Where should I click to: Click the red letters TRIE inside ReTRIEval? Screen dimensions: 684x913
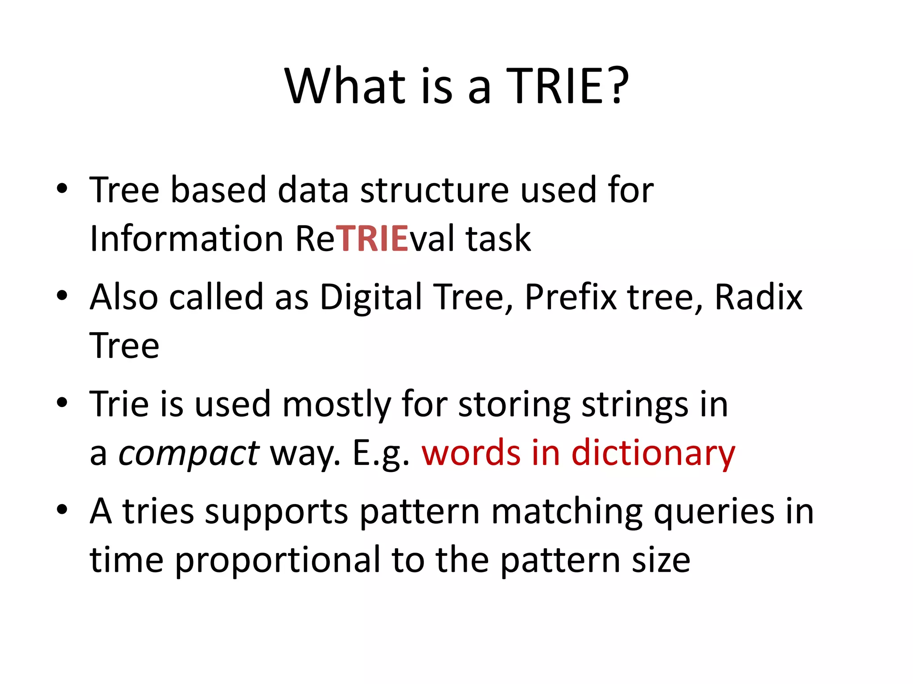[x=372, y=239]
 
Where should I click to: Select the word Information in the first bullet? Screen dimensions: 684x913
[x=186, y=239]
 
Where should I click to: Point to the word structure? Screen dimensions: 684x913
[x=434, y=190]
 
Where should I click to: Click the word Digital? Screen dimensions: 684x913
[x=371, y=297]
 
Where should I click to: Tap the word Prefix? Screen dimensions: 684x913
[x=571, y=297]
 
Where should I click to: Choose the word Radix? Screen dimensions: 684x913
[x=758, y=297]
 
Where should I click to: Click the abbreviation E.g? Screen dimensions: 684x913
[x=381, y=453]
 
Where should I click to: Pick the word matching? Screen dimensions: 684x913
[x=567, y=512]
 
